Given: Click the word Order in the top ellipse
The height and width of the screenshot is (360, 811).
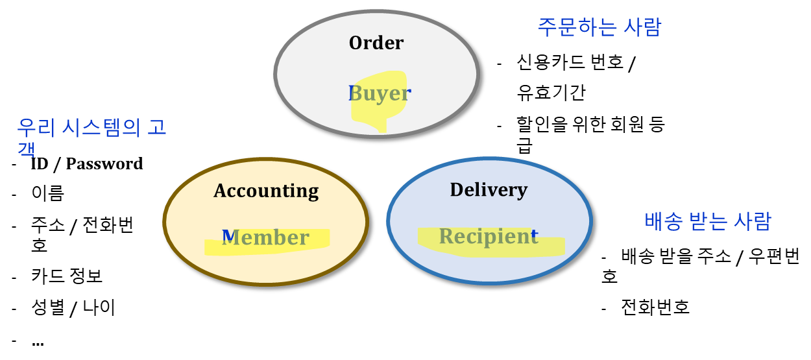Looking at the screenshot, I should (376, 43).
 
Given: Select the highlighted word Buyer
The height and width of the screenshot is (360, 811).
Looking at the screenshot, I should (380, 93).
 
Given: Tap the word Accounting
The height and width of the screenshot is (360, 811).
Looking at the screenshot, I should (266, 191).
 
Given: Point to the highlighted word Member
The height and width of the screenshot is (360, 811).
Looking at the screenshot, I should (266, 237).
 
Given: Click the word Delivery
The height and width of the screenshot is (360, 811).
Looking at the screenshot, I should (489, 189).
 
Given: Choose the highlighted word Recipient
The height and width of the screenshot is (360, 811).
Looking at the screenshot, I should (488, 236).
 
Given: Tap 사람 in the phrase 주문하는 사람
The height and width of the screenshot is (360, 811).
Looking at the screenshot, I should (642, 27).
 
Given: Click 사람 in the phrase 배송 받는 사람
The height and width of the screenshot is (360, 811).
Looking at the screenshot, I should (752, 221).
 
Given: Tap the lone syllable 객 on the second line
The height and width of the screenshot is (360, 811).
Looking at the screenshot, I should (26, 150).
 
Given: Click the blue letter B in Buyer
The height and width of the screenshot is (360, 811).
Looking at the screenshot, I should (353, 93).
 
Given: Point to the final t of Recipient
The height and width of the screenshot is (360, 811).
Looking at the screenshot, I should (535, 234).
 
